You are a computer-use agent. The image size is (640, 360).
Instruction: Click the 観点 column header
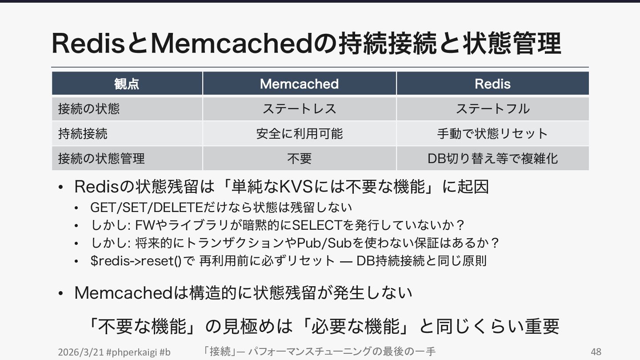point(127,84)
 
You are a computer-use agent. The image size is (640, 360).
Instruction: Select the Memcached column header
point(299,84)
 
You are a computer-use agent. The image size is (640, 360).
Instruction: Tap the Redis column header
point(492,84)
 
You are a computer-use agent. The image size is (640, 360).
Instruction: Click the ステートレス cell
point(299,108)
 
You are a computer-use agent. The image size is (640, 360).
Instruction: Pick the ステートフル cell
point(492,108)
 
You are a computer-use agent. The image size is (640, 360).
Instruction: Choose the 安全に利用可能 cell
point(299,133)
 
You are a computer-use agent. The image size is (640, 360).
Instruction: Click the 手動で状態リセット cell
point(492,133)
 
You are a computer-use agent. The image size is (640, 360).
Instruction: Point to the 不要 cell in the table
point(299,158)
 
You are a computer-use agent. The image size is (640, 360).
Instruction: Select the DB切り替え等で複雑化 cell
point(492,158)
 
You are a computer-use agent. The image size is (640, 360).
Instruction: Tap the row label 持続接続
point(83,133)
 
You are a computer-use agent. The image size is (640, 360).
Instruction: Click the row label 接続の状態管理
point(101,158)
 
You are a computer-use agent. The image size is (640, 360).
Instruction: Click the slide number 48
point(596,352)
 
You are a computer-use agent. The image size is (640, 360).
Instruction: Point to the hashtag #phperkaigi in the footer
point(132,352)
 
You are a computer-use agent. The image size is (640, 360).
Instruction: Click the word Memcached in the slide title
point(232,44)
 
